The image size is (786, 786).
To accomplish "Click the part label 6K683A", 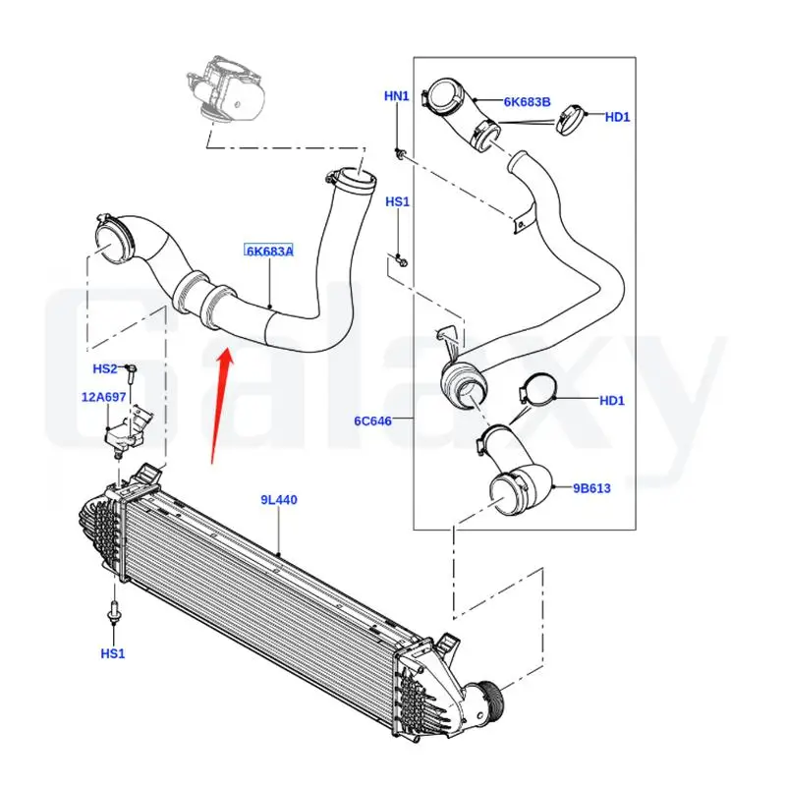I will point(268,252).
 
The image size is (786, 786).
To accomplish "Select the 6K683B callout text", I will point(527,102).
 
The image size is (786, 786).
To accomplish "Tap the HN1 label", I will point(396,95).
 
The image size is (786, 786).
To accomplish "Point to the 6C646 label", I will point(373,421).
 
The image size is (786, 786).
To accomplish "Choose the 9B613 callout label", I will point(591,487).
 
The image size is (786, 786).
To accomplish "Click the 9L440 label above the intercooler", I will point(279,500).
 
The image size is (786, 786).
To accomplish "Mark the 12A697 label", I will point(103,397).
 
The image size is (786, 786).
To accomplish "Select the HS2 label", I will point(104,369).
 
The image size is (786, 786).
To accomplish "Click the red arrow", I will point(222,399).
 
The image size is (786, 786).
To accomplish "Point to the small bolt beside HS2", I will point(131,371).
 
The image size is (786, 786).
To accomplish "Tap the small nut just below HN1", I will point(403,153).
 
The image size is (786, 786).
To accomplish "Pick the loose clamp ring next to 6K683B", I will point(570,123).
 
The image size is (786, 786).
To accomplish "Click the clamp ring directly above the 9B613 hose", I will point(535,392).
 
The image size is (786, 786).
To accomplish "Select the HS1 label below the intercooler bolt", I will point(112,653).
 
